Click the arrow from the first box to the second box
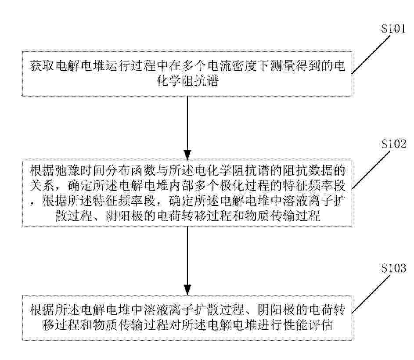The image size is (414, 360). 187,127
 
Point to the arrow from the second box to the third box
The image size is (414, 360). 187,259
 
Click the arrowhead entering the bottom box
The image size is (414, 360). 187,291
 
